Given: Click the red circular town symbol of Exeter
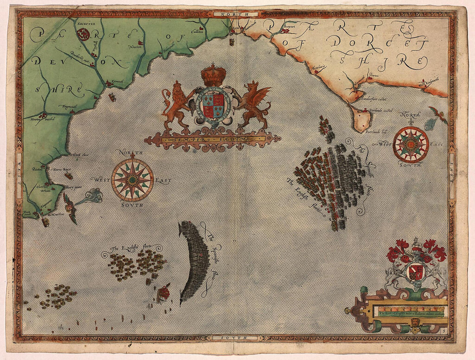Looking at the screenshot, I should pos(82,33).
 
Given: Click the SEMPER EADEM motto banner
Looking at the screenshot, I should pos(212,139).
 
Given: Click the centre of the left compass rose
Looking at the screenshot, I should pos(133,180).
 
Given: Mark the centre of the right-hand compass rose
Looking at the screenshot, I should pos(411,144).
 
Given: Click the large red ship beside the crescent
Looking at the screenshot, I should pos(164,294).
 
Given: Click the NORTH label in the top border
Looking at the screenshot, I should pos(233,14).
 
